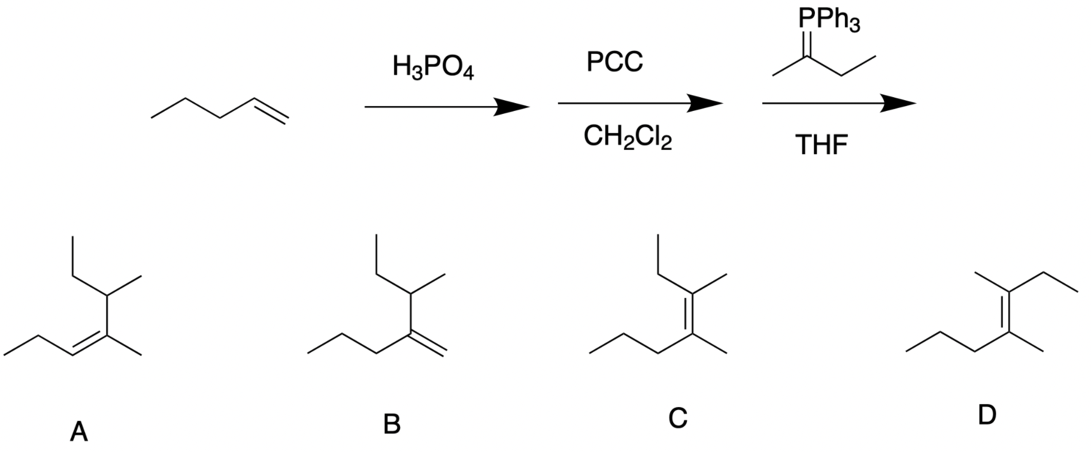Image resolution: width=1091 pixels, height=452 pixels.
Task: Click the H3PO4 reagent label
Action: click(x=433, y=67)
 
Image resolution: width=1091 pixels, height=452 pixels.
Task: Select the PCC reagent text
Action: click(x=614, y=61)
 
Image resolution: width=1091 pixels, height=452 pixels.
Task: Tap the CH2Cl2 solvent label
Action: click(x=628, y=138)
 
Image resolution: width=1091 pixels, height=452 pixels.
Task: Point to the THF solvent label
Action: click(x=822, y=145)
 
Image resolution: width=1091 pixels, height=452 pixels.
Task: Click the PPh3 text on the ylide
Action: click(x=829, y=20)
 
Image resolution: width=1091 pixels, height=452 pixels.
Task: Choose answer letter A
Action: click(x=78, y=431)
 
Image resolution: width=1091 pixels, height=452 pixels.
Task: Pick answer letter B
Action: click(x=392, y=424)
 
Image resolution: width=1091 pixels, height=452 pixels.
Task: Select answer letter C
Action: click(x=677, y=418)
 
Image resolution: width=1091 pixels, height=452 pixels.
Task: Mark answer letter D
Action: click(x=986, y=415)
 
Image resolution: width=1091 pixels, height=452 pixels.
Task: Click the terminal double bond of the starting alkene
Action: click(x=271, y=111)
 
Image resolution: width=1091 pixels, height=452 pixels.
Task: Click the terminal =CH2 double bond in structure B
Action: click(x=428, y=343)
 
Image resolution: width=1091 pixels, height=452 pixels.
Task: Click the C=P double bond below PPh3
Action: click(x=807, y=43)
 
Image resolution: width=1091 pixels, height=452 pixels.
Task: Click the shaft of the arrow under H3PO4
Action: click(x=431, y=107)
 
